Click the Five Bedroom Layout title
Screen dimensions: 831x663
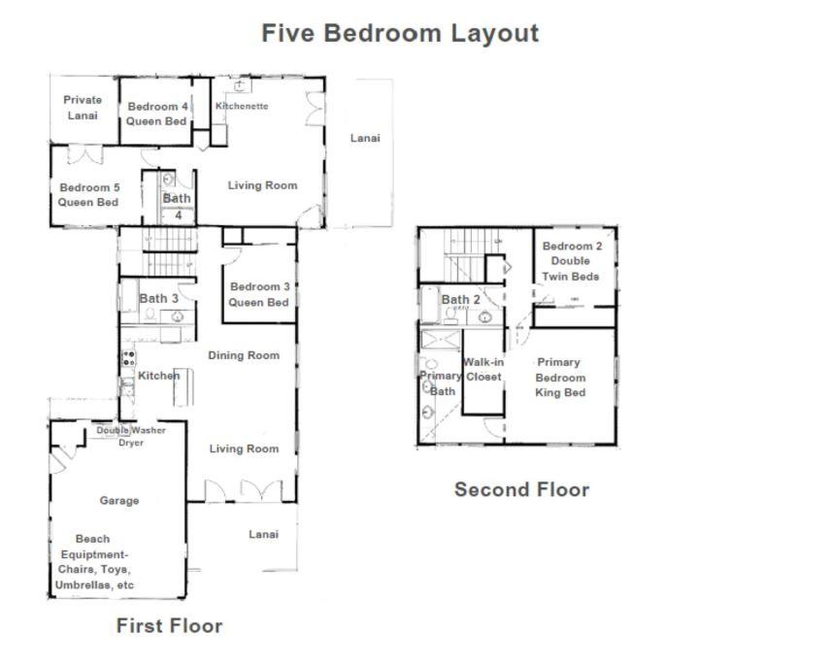[x=400, y=33]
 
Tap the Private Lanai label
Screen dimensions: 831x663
[x=83, y=108]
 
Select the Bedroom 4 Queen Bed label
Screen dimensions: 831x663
[x=157, y=114]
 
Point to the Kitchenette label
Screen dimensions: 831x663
[x=242, y=106]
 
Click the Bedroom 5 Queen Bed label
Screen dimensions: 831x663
[x=89, y=194]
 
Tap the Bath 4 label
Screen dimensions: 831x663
[x=177, y=206]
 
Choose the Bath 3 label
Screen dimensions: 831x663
[x=158, y=298]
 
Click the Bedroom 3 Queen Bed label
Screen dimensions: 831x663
[x=259, y=294]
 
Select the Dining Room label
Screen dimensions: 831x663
[x=244, y=355]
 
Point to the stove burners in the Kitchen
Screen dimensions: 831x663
[x=128, y=358]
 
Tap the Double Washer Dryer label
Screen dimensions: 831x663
[x=131, y=436]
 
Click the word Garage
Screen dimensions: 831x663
[x=119, y=500]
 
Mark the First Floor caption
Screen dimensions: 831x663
[x=169, y=625]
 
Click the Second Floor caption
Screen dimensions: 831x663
[x=521, y=489]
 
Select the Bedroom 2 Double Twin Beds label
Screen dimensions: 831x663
[x=571, y=261]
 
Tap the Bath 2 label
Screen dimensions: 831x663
[x=460, y=299]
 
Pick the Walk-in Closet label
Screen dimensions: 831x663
[x=482, y=370]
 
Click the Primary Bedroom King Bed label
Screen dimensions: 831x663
[x=560, y=378]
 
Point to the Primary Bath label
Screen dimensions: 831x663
[x=440, y=383]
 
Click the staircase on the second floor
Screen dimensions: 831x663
[x=464, y=255]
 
